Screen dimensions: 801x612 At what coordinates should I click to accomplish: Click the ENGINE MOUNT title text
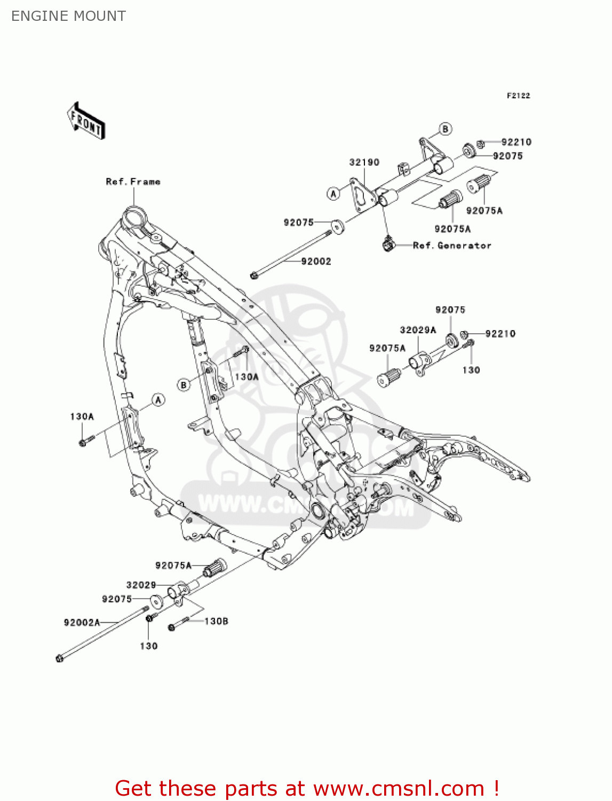coord(68,16)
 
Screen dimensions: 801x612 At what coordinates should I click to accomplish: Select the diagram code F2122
coord(518,96)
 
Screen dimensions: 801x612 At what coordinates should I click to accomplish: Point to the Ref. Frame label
coord(133,182)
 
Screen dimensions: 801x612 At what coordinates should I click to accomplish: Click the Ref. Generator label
coord(452,246)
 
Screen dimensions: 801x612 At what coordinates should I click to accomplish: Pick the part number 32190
coord(364,162)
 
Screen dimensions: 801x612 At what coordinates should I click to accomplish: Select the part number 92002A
coord(82,622)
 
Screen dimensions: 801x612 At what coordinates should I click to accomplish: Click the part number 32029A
coord(418,330)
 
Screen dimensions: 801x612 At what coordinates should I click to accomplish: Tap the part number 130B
coord(216,621)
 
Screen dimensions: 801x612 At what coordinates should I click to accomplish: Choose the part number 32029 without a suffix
coord(141,585)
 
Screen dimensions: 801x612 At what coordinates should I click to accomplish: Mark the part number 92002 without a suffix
coord(316,261)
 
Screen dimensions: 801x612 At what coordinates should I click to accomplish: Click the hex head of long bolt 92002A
coord(59,658)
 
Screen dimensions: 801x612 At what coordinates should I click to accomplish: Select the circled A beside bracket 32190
coord(333,193)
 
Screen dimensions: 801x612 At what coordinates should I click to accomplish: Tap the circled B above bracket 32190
coord(445,129)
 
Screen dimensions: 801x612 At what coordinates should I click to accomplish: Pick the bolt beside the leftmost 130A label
coord(85,441)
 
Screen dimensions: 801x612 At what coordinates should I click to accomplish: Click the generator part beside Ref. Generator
coord(388,244)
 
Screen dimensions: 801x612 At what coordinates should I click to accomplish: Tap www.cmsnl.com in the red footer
coord(399,789)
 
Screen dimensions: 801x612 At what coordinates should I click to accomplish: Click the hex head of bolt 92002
coord(253,276)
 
